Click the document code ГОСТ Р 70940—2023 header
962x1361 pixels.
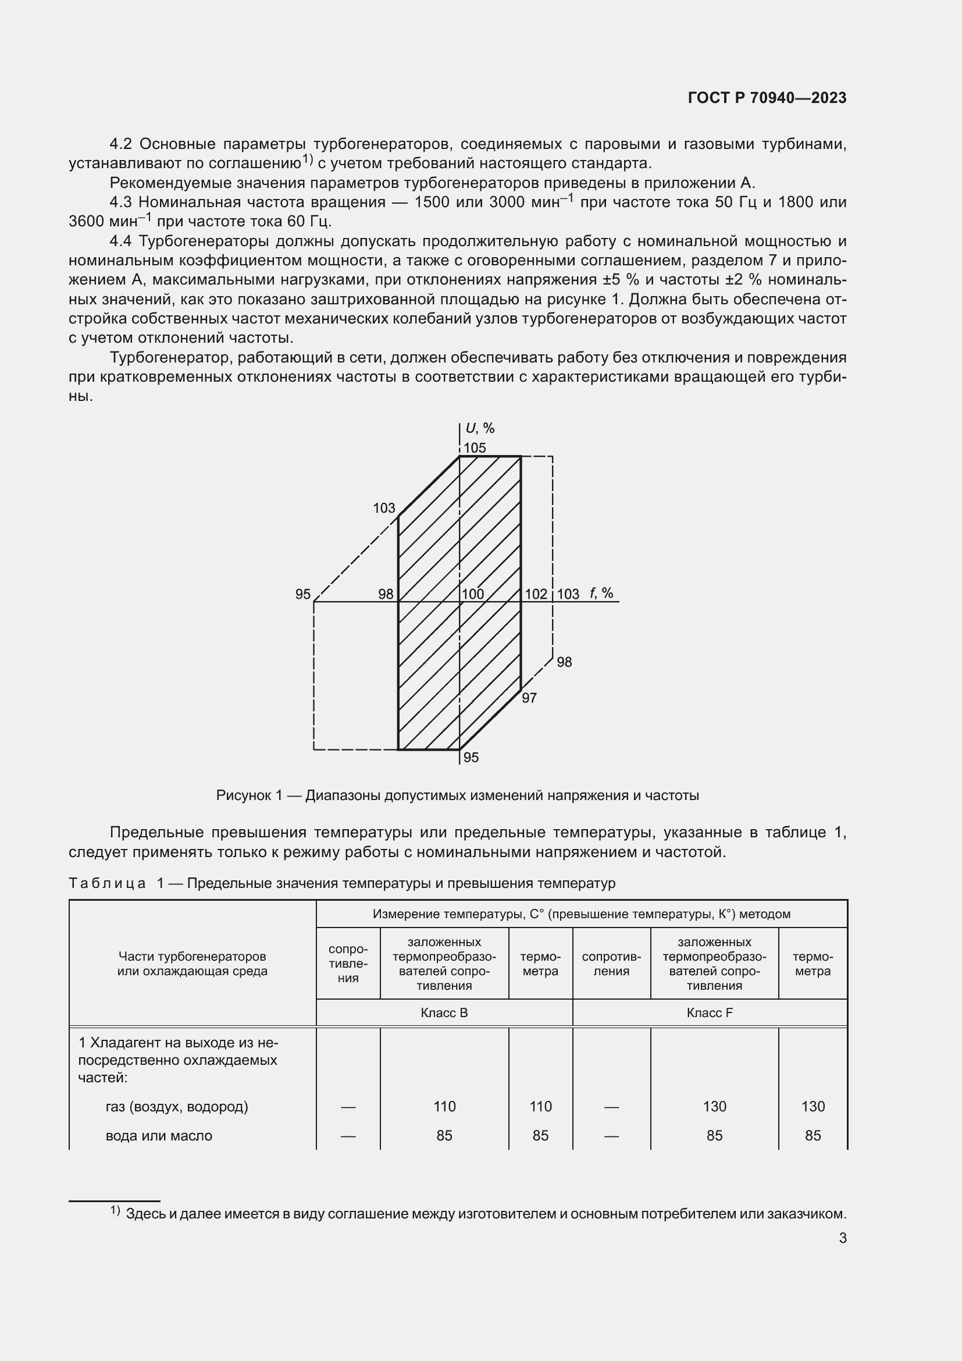coord(767,98)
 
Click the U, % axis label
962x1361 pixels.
coord(480,428)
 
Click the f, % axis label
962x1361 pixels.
coord(601,593)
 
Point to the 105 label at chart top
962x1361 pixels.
coord(475,447)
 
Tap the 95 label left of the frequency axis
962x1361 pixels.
coord(302,594)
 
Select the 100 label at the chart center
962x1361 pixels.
coord(473,594)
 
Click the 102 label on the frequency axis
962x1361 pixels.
coord(536,594)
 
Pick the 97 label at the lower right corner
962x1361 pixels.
coord(529,698)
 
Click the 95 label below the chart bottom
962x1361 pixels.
coord(471,757)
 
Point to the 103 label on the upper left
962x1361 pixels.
coord(384,508)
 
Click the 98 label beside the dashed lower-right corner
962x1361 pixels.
coord(565,662)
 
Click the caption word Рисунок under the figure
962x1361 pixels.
coord(244,795)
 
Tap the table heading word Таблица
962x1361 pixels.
coord(107,883)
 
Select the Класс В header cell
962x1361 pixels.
coord(444,1012)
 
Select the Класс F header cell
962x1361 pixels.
coord(710,1012)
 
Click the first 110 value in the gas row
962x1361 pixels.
coord(444,1106)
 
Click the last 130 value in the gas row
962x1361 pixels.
coord(813,1106)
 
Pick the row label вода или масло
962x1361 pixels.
coord(159,1135)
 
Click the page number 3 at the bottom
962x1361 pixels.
coord(842,1238)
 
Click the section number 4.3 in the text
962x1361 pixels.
coord(120,202)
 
